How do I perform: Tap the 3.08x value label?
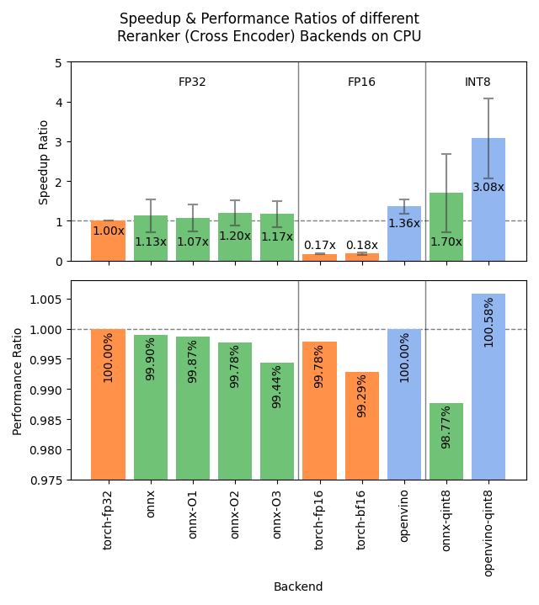488,187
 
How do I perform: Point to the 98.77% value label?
446,426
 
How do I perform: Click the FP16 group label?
361,82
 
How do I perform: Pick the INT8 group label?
478,82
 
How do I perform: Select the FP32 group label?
192,82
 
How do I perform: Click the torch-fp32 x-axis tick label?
108,519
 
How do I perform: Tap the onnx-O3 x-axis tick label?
277,515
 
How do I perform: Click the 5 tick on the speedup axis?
58,62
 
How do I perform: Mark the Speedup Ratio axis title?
44,162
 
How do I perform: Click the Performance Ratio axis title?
18,380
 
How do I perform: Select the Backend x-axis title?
297,586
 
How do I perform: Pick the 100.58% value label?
488,321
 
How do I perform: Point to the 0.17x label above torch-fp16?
319,245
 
